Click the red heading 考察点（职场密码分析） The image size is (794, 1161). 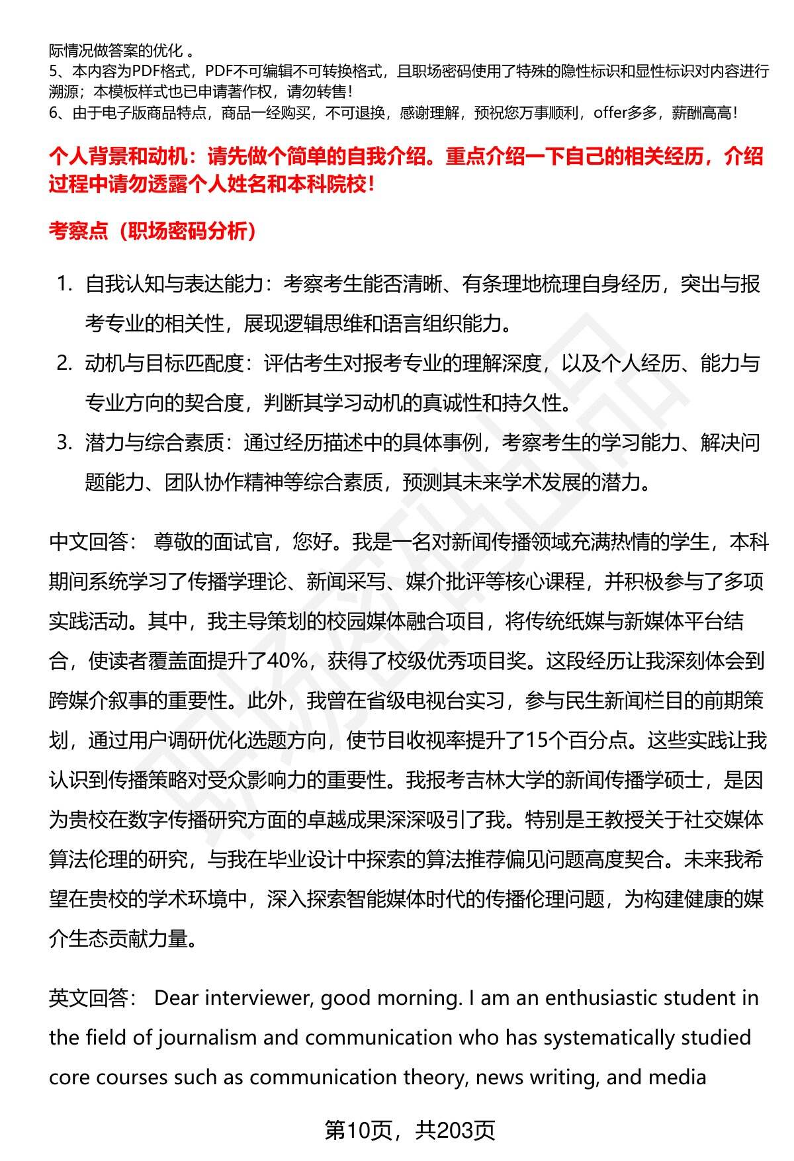(153, 231)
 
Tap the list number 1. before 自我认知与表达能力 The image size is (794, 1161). (64, 284)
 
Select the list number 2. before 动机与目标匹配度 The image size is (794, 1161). (64, 363)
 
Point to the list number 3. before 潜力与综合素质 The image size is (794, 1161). (64, 443)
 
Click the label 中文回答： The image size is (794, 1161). (93, 542)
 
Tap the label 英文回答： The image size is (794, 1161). (93, 998)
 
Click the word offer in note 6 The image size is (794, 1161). (609, 113)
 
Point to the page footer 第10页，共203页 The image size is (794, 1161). (410, 1131)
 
